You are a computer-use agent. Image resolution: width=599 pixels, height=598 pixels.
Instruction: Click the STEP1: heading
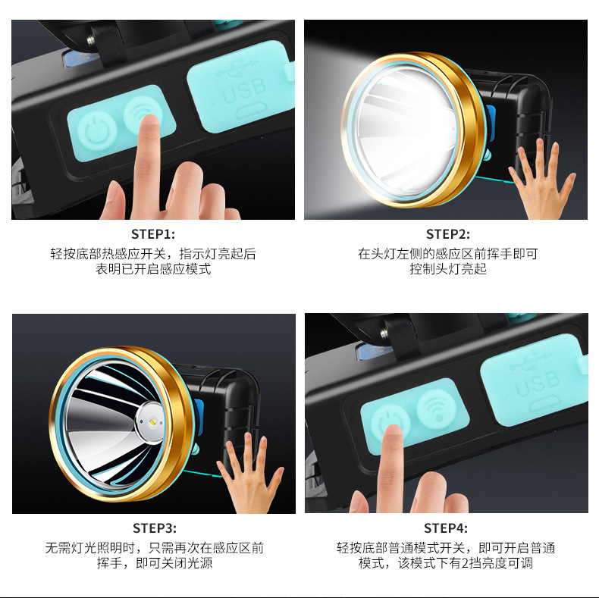click(153, 234)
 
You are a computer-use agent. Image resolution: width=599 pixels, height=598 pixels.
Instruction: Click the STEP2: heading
click(447, 234)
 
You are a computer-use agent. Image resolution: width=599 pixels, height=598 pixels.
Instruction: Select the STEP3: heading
click(155, 528)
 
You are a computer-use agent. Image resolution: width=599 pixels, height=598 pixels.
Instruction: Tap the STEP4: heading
click(445, 528)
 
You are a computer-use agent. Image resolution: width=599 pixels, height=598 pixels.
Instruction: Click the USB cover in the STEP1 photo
click(240, 86)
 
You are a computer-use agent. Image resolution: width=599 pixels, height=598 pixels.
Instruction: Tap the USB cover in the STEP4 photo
click(534, 380)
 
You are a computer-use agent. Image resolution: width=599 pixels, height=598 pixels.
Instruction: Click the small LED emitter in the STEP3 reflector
click(152, 423)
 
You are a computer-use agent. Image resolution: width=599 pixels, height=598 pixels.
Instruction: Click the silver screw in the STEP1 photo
click(91, 39)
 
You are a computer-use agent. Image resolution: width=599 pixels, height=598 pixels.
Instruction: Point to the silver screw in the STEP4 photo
click(384, 333)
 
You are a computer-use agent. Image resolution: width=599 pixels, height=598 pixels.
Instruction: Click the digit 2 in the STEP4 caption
click(466, 563)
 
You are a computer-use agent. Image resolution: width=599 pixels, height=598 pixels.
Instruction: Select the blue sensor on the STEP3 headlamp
click(199, 417)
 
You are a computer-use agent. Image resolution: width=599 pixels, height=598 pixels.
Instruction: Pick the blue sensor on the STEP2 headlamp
click(491, 122)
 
